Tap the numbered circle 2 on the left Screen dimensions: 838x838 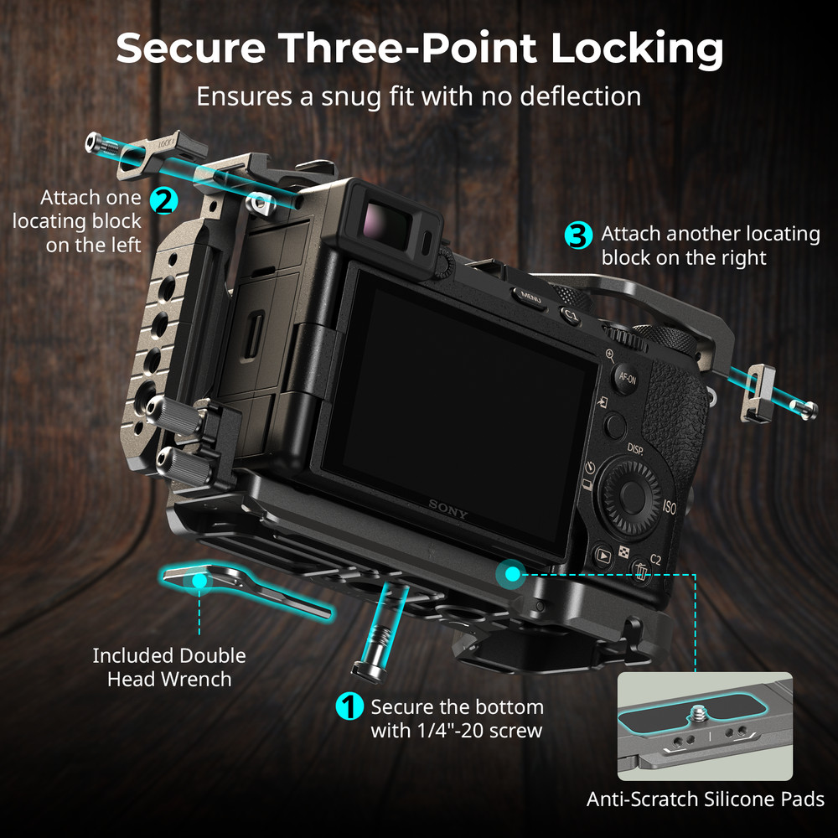[163, 199]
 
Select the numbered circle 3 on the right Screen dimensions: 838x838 [577, 235]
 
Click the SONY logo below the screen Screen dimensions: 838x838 [448, 510]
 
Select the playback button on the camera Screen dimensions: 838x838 [602, 554]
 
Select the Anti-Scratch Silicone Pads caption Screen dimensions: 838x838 [704, 799]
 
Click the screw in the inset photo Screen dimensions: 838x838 [697, 716]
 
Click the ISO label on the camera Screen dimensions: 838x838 [669, 507]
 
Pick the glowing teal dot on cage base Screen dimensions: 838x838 [510, 574]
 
